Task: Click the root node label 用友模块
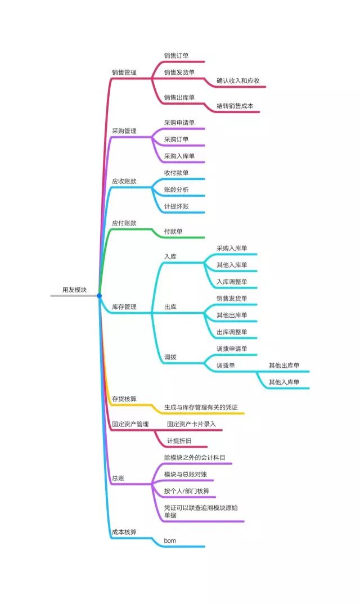[x=75, y=290]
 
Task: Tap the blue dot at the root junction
[x=100, y=295]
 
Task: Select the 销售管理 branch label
[x=124, y=72]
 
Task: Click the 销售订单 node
[x=176, y=56]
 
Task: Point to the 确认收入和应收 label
[x=238, y=81]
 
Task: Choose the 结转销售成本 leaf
[x=235, y=106]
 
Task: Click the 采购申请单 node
[x=179, y=123]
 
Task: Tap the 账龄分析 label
[x=176, y=190]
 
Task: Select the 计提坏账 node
[x=176, y=206]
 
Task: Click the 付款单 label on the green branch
[x=173, y=231]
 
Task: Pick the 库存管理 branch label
[x=124, y=307]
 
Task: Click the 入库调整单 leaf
[x=232, y=282]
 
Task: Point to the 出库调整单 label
[x=232, y=332]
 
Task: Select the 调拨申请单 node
[x=232, y=349]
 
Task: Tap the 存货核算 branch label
[x=124, y=399]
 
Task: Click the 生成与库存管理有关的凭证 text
[x=204, y=407]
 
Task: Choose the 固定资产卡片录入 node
[x=191, y=424]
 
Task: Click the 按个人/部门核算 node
[x=187, y=491]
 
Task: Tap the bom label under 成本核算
[x=170, y=540]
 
